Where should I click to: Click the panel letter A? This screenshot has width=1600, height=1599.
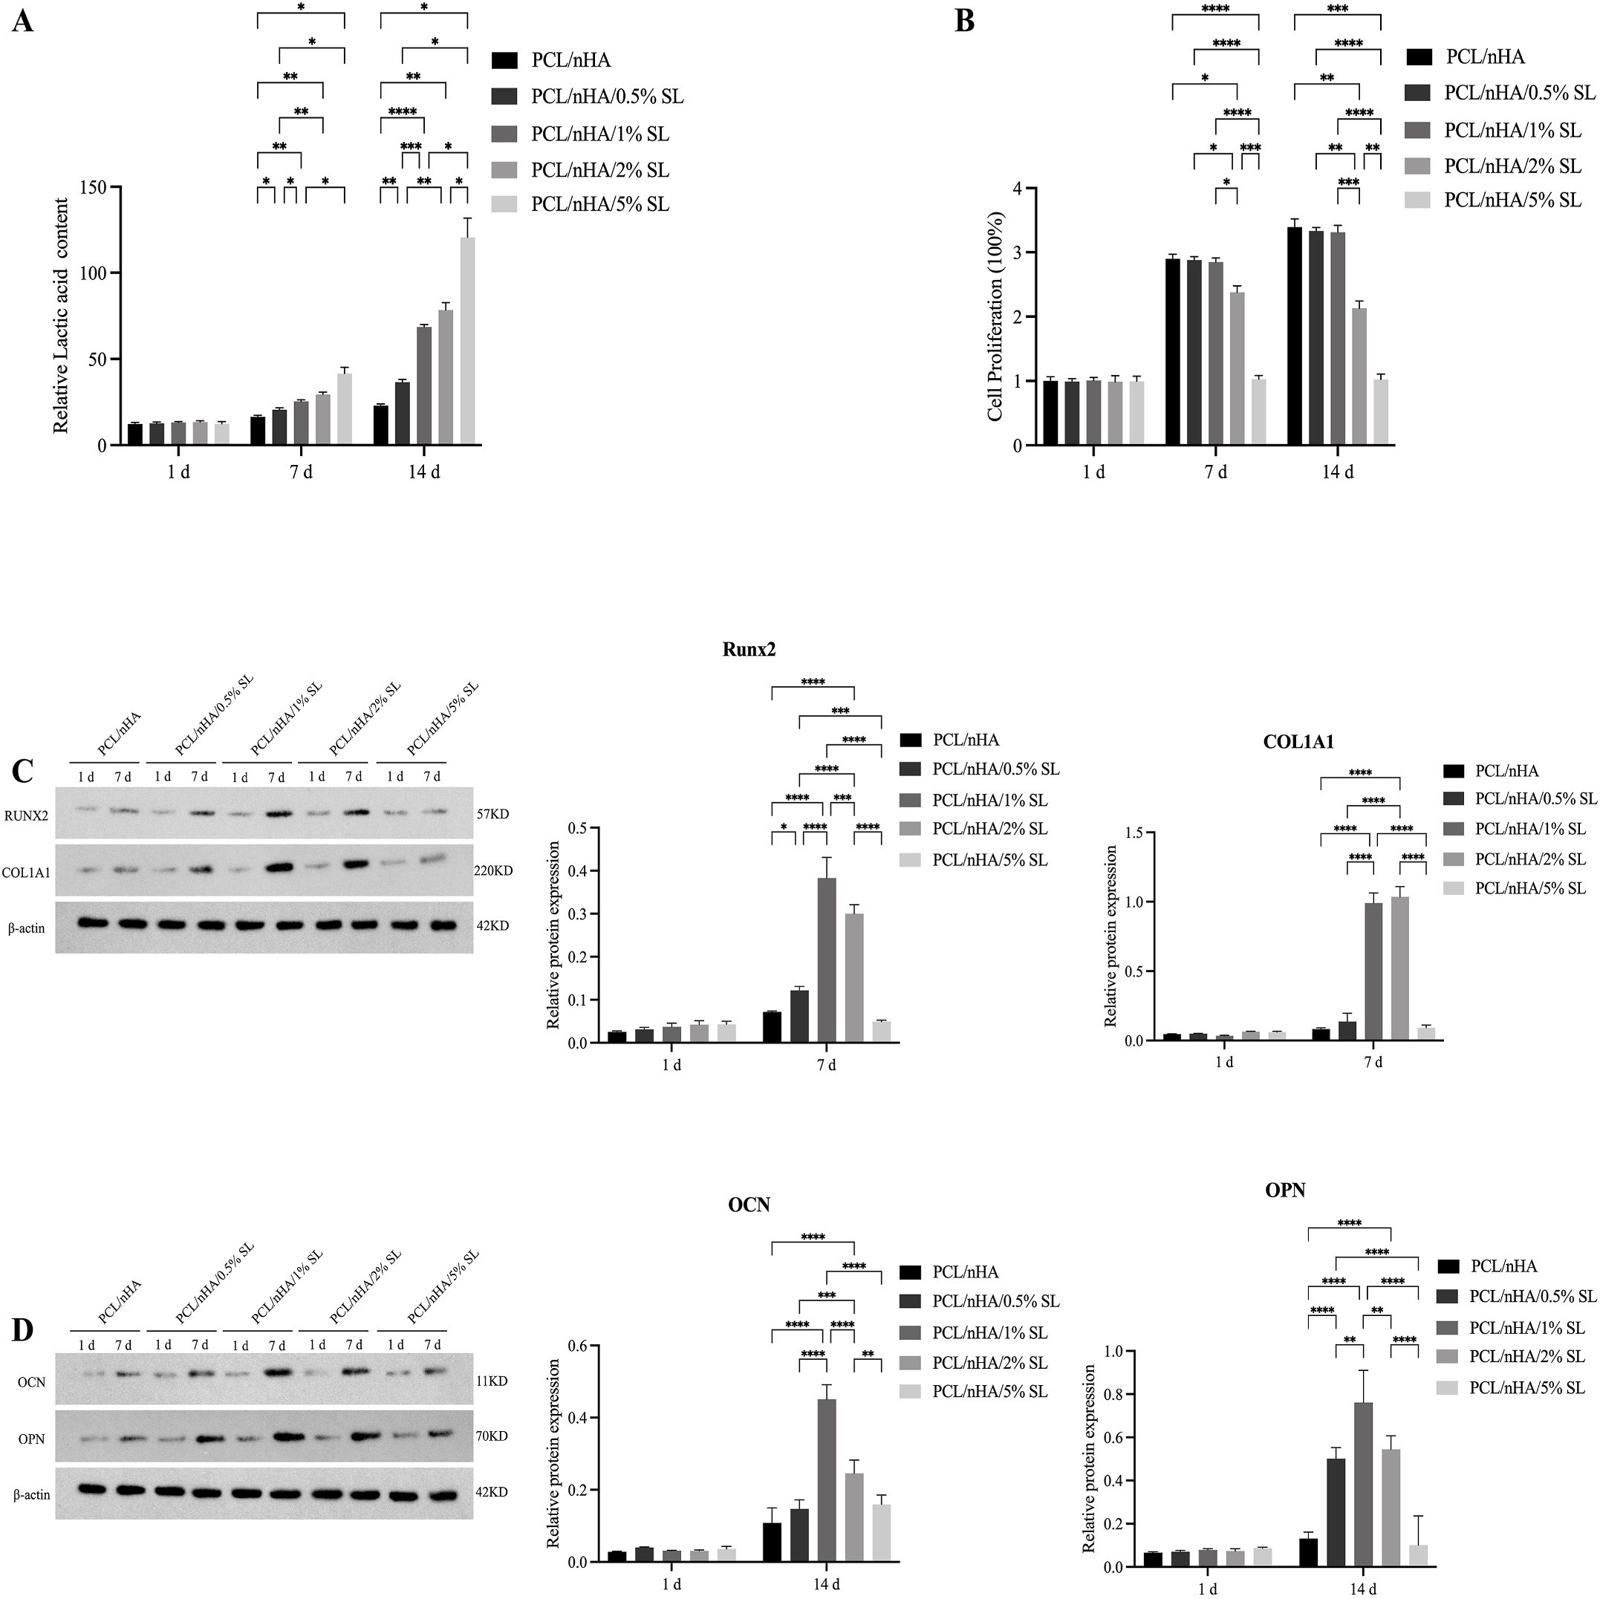click(x=23, y=21)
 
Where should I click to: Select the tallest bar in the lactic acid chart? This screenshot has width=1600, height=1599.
click(x=468, y=341)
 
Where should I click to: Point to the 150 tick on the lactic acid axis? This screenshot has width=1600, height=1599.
click(x=96, y=187)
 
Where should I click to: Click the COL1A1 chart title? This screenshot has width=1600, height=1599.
click(x=1298, y=742)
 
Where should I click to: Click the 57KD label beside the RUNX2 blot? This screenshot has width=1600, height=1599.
click(x=492, y=814)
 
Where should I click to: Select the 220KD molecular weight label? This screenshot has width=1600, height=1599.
click(x=492, y=871)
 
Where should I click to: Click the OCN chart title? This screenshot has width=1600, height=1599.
click(x=749, y=1205)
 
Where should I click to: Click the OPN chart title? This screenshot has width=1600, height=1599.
click(x=1285, y=1190)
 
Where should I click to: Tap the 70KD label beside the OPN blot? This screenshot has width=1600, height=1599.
click(x=492, y=1436)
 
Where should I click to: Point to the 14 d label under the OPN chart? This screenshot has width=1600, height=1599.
click(x=1362, y=1589)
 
